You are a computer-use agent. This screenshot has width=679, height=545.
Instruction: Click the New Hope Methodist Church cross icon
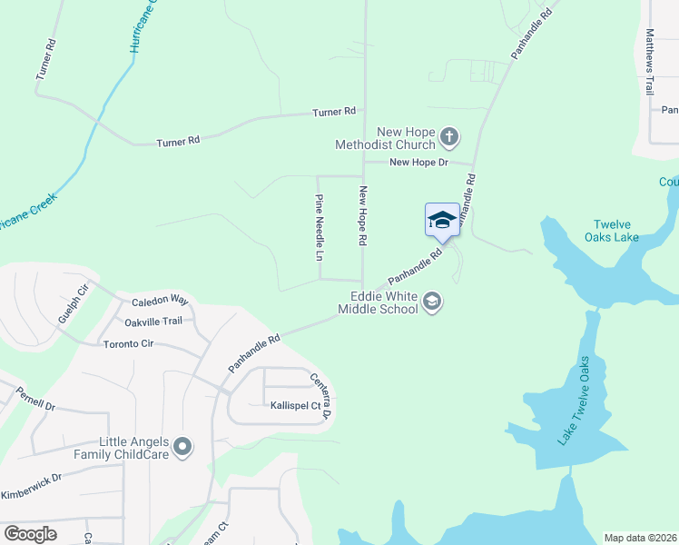[x=449, y=138]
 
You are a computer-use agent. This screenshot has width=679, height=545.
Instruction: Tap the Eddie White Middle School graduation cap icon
[x=432, y=302]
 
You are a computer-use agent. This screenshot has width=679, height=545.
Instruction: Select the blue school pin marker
[x=442, y=221]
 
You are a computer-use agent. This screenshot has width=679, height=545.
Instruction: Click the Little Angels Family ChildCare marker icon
[x=183, y=446]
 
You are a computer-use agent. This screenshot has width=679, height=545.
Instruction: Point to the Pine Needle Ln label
[x=319, y=228]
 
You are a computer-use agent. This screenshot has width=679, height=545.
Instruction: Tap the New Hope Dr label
[x=418, y=163]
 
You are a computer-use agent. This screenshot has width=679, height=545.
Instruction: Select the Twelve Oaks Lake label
[x=616, y=231]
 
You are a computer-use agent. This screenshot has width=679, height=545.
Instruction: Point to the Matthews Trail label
[x=649, y=62]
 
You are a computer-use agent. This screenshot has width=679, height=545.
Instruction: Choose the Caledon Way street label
[x=159, y=301]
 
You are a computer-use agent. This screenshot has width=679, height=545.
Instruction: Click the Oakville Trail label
[x=153, y=321]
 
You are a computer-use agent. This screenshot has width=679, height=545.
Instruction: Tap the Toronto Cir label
[x=128, y=344]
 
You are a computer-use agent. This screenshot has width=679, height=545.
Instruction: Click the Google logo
[x=31, y=533]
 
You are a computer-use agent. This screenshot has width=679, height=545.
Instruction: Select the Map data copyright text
[x=628, y=538]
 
